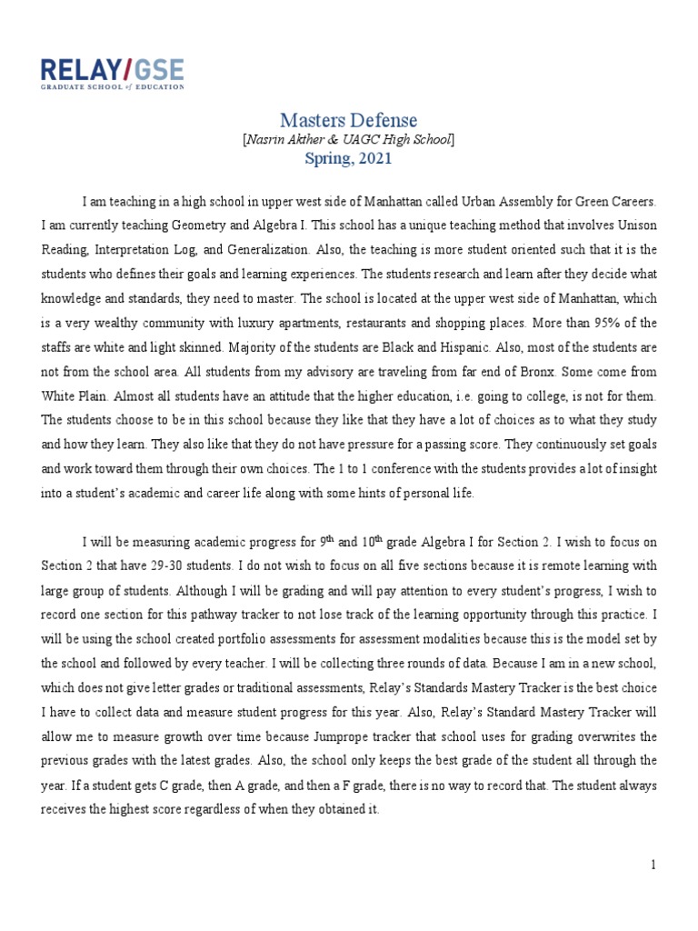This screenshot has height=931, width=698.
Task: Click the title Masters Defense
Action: click(x=349, y=120)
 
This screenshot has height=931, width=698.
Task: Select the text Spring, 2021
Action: click(x=349, y=158)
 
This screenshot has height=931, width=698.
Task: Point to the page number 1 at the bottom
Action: click(x=653, y=865)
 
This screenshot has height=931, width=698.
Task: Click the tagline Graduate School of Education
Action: click(x=112, y=87)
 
